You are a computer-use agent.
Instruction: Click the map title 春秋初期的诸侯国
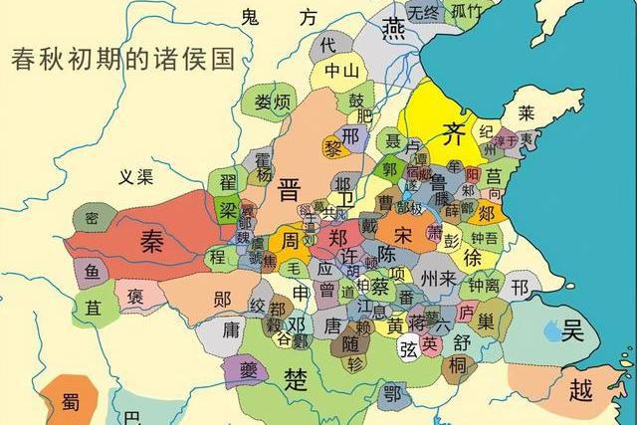121,58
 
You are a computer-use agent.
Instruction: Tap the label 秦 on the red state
152,244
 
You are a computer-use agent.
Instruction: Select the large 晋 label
289,189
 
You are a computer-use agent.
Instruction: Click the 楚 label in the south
296,379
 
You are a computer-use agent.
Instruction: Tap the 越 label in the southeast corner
580,389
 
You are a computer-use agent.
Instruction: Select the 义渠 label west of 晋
135,178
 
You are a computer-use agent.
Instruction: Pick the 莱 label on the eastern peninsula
526,111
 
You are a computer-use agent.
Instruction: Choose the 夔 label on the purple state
245,370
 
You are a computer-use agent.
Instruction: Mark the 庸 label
231,329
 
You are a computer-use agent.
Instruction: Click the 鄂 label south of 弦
392,392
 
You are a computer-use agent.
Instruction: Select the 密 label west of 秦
92,218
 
